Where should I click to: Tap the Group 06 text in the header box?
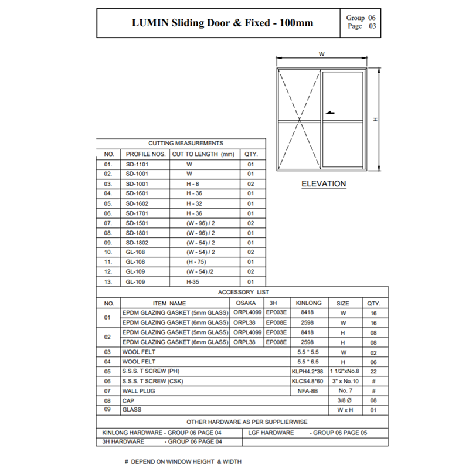click(x=355, y=18)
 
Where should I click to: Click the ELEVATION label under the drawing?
click(x=324, y=184)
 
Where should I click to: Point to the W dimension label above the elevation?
click(x=322, y=54)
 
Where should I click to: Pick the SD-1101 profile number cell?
click(x=137, y=165)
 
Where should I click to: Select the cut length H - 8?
click(x=193, y=183)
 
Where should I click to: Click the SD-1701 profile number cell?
click(x=137, y=213)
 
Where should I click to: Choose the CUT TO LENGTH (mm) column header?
click(x=203, y=154)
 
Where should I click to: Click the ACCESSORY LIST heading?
click(x=243, y=292)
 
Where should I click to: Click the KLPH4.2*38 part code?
click(x=308, y=371)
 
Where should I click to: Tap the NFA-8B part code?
click(x=308, y=390)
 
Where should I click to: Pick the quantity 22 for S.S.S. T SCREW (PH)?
click(x=373, y=371)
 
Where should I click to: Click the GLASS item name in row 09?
click(x=131, y=409)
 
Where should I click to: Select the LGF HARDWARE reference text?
click(x=271, y=433)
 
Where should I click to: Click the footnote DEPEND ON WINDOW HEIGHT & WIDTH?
click(x=186, y=461)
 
